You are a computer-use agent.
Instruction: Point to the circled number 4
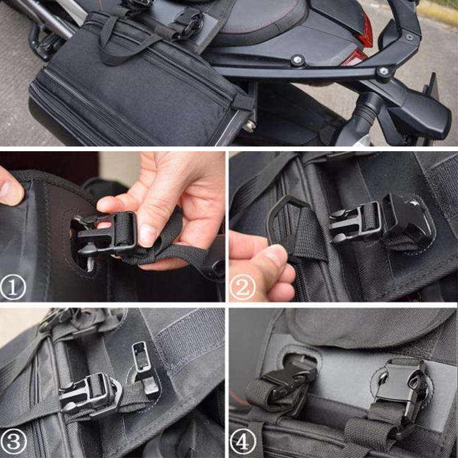click(243, 442)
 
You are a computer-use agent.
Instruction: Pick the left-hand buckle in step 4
click(286, 381)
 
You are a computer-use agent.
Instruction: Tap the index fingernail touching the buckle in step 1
click(148, 234)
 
